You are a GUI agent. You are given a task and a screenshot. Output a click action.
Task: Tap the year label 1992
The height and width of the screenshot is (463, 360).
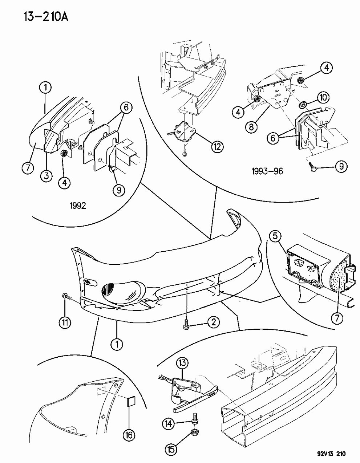point(78,206)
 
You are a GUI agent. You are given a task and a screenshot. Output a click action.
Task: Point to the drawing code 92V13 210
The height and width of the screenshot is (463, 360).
point(326,454)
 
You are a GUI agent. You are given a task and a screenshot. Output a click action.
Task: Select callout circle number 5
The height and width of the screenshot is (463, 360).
point(275,237)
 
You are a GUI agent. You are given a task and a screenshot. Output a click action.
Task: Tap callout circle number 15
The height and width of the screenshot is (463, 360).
point(171,450)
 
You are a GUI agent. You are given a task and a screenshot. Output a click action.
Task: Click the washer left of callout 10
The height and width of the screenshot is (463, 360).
point(301,106)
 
